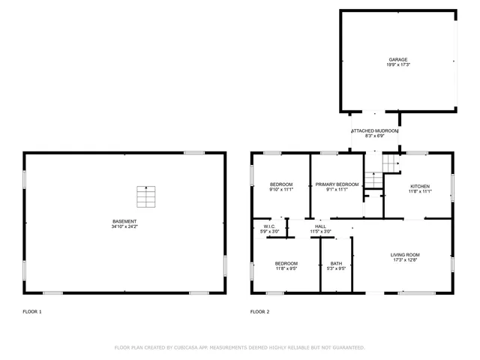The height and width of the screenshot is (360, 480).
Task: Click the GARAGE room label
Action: click(398, 59)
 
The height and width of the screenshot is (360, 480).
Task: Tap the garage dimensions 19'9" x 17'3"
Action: click(398, 65)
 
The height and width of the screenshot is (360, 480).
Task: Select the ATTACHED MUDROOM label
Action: click(375, 131)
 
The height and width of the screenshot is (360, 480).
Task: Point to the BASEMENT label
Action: click(124, 221)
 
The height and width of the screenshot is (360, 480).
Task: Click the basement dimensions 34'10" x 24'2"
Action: click(124, 226)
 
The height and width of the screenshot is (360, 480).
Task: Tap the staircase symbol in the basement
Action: click(147, 196)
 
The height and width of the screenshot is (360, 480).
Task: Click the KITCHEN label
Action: click(420, 186)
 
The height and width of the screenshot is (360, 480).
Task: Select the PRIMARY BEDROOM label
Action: click(337, 184)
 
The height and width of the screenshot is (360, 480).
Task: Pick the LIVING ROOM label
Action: click(405, 255)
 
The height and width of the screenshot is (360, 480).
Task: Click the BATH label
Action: click(336, 263)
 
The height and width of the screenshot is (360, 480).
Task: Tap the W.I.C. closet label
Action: click(270, 226)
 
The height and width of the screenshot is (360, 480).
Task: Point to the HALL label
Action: click(320, 226)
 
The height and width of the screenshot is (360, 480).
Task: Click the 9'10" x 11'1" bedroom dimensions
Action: click(281, 190)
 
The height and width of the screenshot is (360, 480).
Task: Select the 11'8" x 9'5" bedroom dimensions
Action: click(286, 268)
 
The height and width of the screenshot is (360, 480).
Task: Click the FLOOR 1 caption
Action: click(32, 311)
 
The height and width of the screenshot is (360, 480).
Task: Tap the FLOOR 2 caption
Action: click(259, 311)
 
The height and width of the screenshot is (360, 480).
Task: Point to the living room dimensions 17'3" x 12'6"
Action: click(405, 260)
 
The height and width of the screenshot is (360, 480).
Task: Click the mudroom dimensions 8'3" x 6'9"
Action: click(375, 136)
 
